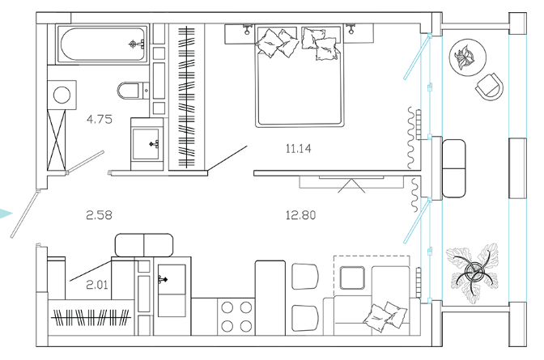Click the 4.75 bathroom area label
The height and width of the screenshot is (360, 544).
(100, 119)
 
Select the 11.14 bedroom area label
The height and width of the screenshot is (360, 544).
(299, 149)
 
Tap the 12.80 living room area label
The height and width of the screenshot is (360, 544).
(301, 215)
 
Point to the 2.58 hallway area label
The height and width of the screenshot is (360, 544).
(100, 215)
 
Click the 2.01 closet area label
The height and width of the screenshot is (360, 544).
(97, 285)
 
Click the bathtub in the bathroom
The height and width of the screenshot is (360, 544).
(103, 44)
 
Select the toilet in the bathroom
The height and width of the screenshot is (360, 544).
(133, 91)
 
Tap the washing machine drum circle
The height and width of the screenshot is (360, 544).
(62, 95)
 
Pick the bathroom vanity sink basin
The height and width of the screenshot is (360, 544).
(147, 144)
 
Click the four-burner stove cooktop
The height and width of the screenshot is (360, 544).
(236, 316)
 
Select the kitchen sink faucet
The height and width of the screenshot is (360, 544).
(163, 279)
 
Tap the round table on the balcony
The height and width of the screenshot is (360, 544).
(467, 57)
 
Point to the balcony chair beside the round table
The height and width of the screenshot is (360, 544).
(489, 87)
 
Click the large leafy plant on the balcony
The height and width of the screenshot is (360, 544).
(472, 273)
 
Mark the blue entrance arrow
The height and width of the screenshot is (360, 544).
(6, 214)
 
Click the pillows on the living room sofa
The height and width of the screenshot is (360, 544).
(385, 316)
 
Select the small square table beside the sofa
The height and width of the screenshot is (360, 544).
(352, 277)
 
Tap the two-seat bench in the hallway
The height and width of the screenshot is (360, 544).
(144, 245)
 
